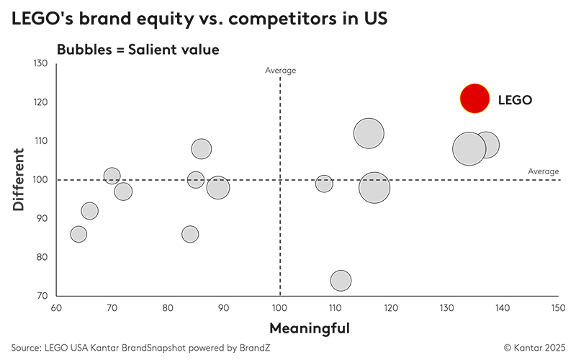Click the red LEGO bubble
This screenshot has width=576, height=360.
474,99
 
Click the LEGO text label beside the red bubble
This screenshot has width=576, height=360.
515,100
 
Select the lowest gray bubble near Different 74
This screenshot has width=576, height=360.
341,281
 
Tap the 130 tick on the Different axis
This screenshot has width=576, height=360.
40,63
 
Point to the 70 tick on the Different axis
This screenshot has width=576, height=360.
42,296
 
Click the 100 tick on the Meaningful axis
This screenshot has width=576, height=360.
279,308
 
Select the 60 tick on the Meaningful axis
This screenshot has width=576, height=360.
56,308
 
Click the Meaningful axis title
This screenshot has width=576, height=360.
309,328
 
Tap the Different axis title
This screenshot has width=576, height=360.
19,179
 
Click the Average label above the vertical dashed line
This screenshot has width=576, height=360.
280,70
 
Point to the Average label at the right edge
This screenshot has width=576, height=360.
543,171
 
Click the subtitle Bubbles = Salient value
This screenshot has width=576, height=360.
138,50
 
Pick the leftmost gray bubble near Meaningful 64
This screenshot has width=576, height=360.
78,234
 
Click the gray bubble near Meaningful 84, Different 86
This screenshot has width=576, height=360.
190,234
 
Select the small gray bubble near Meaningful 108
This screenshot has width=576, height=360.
324,184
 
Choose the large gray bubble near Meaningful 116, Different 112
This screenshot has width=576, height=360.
369,133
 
